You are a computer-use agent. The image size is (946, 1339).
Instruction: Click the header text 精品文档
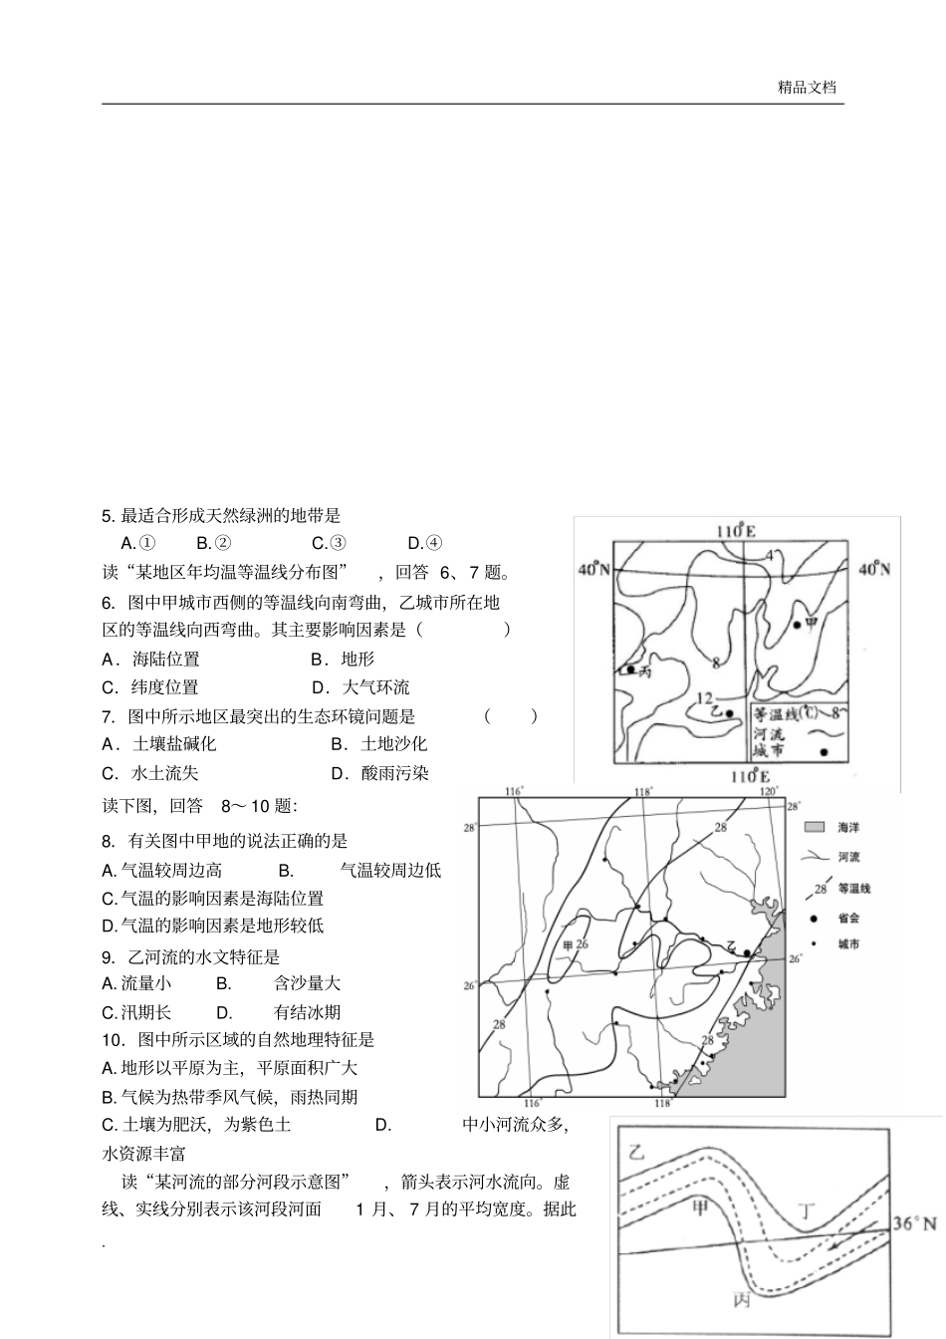pyautogui.click(x=807, y=87)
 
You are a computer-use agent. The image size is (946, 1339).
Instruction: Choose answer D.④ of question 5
pyautogui.click(x=425, y=543)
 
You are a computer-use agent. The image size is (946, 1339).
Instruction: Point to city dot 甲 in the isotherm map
pyautogui.click(x=797, y=625)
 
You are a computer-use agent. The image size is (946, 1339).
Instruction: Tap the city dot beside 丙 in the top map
pyautogui.click(x=630, y=669)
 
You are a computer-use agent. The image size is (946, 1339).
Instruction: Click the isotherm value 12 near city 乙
pyautogui.click(x=704, y=698)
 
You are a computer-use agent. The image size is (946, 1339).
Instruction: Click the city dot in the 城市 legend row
pyautogui.click(x=823, y=751)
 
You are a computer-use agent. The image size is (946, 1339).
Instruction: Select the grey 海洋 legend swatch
pyautogui.click(x=815, y=827)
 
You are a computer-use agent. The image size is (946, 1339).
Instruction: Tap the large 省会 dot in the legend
pyautogui.click(x=815, y=917)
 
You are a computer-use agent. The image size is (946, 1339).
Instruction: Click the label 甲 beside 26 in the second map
pyautogui.click(x=569, y=944)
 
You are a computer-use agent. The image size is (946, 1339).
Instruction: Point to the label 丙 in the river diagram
pyautogui.click(x=742, y=1300)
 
